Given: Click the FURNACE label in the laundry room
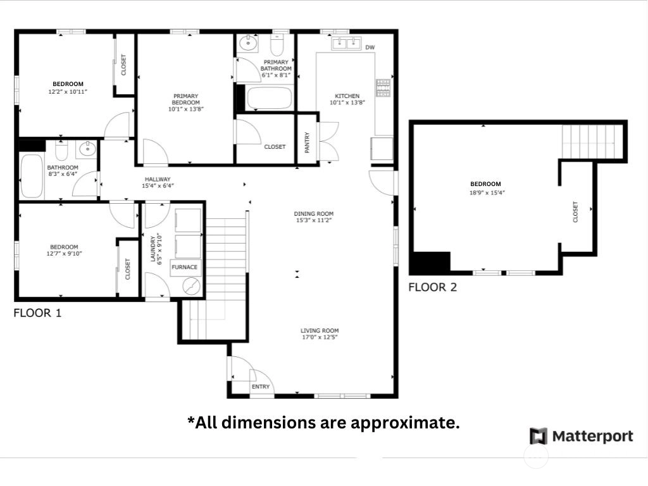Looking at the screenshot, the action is (x=184, y=268).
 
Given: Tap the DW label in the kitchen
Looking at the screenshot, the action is (x=370, y=47).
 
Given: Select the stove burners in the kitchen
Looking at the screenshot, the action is (x=383, y=87).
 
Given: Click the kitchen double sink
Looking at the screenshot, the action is (x=346, y=43).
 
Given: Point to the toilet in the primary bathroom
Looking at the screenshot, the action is (x=277, y=45).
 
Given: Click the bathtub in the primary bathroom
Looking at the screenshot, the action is (x=269, y=98).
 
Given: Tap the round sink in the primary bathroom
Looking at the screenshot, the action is (x=248, y=42).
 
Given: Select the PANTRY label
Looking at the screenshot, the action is (x=307, y=142).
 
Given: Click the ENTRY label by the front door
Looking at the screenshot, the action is (x=260, y=387).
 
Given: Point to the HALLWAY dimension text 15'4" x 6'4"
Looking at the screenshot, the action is (x=158, y=186).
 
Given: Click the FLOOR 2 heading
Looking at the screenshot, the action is (x=433, y=287).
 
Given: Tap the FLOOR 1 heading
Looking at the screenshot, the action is (x=37, y=313).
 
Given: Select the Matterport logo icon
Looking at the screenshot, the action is (x=539, y=437).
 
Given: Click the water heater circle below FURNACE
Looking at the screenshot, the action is (x=192, y=287).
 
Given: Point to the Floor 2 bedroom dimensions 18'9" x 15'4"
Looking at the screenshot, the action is (x=487, y=192).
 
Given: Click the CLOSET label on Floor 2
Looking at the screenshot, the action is (x=575, y=212).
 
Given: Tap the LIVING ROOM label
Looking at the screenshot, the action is (x=320, y=330).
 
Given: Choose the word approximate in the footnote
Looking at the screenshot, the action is (x=405, y=423).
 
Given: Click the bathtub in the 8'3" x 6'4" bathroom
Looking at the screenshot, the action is (x=32, y=176).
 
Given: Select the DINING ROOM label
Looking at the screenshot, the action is (x=314, y=214).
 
